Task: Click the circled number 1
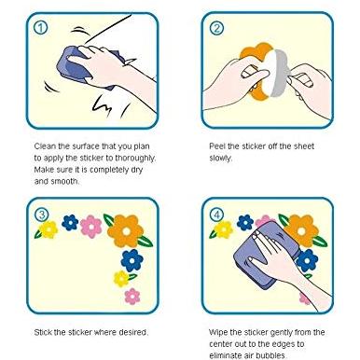40,28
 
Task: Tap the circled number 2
216,28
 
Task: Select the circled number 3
41,215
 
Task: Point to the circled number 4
216,215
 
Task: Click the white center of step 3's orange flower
126,231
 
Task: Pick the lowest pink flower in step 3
132,297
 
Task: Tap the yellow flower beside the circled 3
48,229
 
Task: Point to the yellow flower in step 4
223,229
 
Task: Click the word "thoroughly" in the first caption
135,159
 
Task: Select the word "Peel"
217,146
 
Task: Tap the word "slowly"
220,159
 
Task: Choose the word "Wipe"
218,333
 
